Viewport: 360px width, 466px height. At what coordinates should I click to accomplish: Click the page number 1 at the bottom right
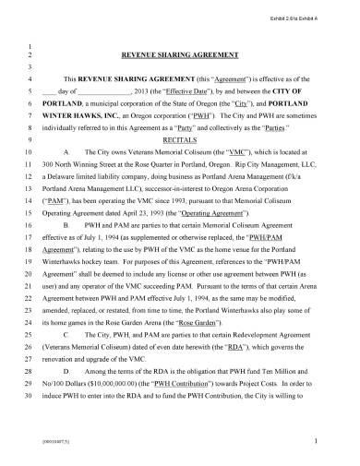point(316,444)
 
